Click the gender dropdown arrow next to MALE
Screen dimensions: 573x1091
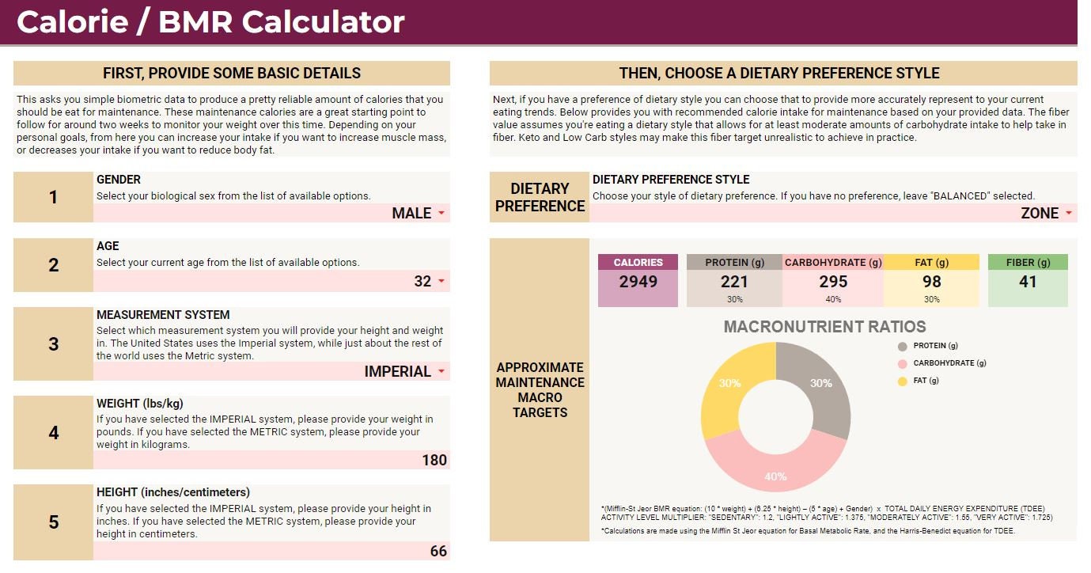click(x=441, y=214)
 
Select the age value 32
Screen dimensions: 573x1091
click(x=422, y=281)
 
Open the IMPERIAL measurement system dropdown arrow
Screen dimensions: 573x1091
click(x=441, y=372)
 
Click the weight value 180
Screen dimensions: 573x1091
click(x=434, y=460)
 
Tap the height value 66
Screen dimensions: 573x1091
click(x=438, y=551)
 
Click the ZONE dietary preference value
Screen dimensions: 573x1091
click(x=1040, y=213)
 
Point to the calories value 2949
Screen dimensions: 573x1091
click(x=638, y=281)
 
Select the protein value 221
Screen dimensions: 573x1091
click(x=734, y=281)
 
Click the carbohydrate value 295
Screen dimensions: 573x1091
click(x=833, y=281)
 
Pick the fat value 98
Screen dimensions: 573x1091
click(x=931, y=281)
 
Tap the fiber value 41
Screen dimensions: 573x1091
click(x=1028, y=281)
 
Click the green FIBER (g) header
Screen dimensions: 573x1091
click(x=1028, y=262)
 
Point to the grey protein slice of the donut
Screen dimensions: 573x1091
click(x=823, y=380)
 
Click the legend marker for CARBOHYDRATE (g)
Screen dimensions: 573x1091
click(x=902, y=363)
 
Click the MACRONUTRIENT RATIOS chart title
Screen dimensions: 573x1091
click(x=824, y=327)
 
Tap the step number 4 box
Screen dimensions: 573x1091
click(x=53, y=433)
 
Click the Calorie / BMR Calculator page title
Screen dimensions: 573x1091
click(x=210, y=22)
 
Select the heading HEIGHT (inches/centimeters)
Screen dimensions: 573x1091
click(x=172, y=492)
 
